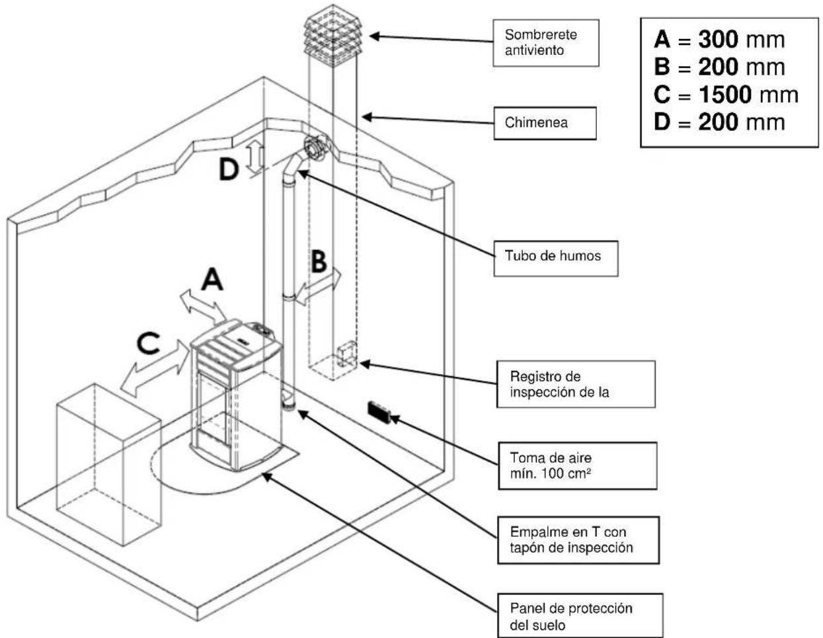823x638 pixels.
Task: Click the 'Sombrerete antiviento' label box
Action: click(545, 43)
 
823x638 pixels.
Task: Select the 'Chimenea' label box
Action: click(545, 123)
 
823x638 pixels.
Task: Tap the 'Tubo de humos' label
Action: click(556, 259)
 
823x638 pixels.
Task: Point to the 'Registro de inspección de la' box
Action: click(576, 384)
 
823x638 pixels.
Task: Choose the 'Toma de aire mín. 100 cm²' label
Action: click(578, 465)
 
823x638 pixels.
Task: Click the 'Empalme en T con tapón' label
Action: click(578, 540)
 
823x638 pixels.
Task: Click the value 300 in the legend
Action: click(718, 39)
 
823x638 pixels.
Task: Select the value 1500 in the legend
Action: click(725, 95)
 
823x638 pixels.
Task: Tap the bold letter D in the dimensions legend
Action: click(662, 122)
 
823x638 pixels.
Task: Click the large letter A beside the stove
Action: click(212, 279)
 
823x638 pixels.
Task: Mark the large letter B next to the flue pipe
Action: click(319, 260)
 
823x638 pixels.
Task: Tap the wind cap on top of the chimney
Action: click(333, 35)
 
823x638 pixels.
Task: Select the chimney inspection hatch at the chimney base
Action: click(346, 354)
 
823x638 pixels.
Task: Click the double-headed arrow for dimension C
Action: click(155, 368)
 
